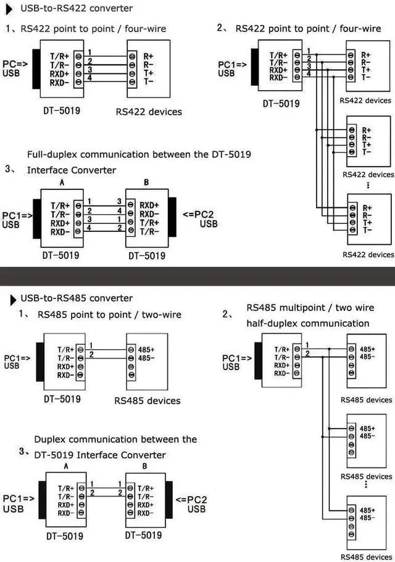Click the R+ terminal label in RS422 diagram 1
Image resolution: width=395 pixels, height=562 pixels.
[x=148, y=55]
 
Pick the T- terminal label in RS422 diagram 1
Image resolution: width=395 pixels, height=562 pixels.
[x=148, y=80]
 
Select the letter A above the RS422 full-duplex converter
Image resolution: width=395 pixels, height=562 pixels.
[x=62, y=183]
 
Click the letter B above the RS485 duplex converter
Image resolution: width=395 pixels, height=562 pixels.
[x=144, y=467]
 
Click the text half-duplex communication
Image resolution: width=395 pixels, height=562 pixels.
[x=308, y=323]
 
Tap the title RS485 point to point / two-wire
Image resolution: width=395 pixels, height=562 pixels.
[x=109, y=315]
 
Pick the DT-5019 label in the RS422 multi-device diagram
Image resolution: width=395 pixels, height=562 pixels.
[x=281, y=103]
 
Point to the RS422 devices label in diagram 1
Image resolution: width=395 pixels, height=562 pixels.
[x=149, y=112]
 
